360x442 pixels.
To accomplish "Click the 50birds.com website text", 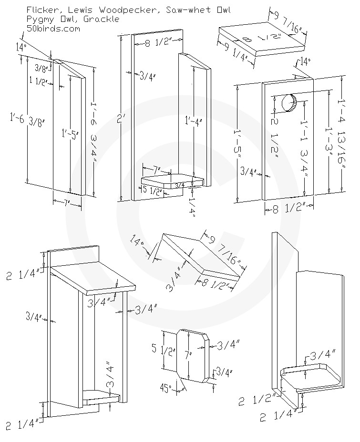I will (x=53, y=28).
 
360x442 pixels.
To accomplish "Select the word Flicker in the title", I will (x=40, y=10).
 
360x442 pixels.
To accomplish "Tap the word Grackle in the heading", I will (x=103, y=19).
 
